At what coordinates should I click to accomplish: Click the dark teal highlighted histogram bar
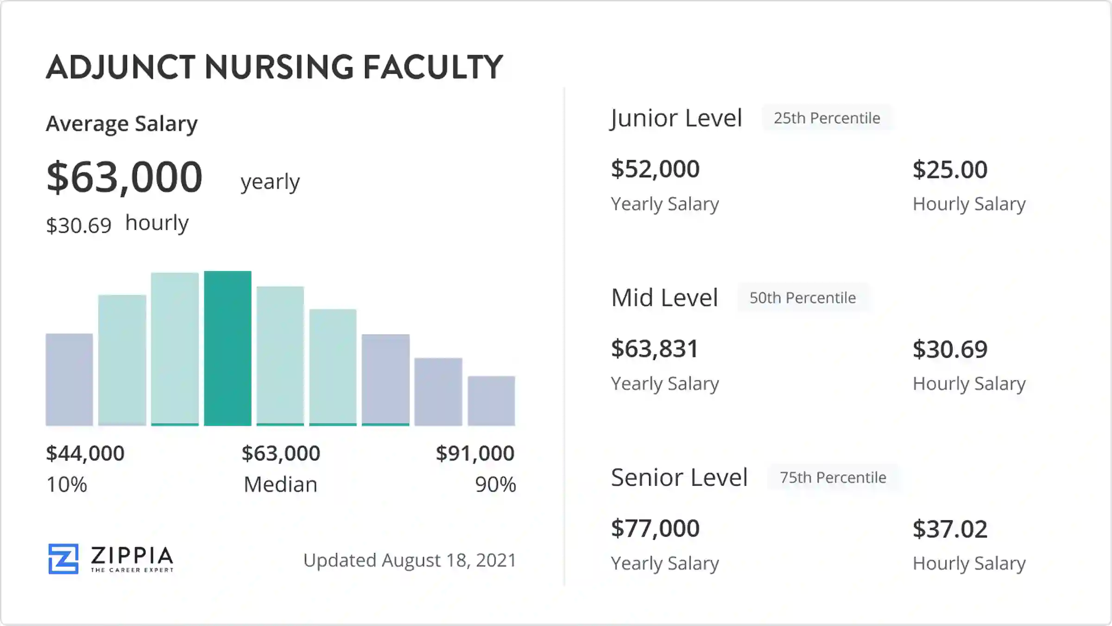pyautogui.click(x=227, y=348)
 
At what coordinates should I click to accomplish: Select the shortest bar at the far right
pyautogui.click(x=491, y=401)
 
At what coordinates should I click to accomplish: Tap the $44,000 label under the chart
pyautogui.click(x=85, y=453)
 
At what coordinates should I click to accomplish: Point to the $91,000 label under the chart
pyautogui.click(x=475, y=453)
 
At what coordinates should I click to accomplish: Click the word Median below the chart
pyautogui.click(x=280, y=485)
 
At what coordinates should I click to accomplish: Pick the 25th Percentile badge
pyautogui.click(x=827, y=118)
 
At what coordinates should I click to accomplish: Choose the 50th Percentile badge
pyautogui.click(x=802, y=298)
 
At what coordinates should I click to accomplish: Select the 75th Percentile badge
pyautogui.click(x=833, y=477)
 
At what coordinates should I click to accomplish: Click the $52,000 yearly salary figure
pyautogui.click(x=655, y=169)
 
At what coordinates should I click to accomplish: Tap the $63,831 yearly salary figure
pyautogui.click(x=654, y=349)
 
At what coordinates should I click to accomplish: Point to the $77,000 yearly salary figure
pyautogui.click(x=655, y=528)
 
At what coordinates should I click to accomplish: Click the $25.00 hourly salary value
pyautogui.click(x=950, y=170)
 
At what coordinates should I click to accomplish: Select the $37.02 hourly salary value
pyautogui.click(x=950, y=529)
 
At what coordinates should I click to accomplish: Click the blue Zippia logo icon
pyautogui.click(x=63, y=559)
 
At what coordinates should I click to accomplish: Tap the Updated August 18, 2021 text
pyautogui.click(x=410, y=560)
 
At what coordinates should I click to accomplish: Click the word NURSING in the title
pyautogui.click(x=279, y=67)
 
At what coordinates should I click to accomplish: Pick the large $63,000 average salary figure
pyautogui.click(x=124, y=177)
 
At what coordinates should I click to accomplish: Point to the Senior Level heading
pyautogui.click(x=679, y=477)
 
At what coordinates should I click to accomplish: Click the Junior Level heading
pyautogui.click(x=676, y=118)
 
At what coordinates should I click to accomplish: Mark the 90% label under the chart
pyautogui.click(x=495, y=485)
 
